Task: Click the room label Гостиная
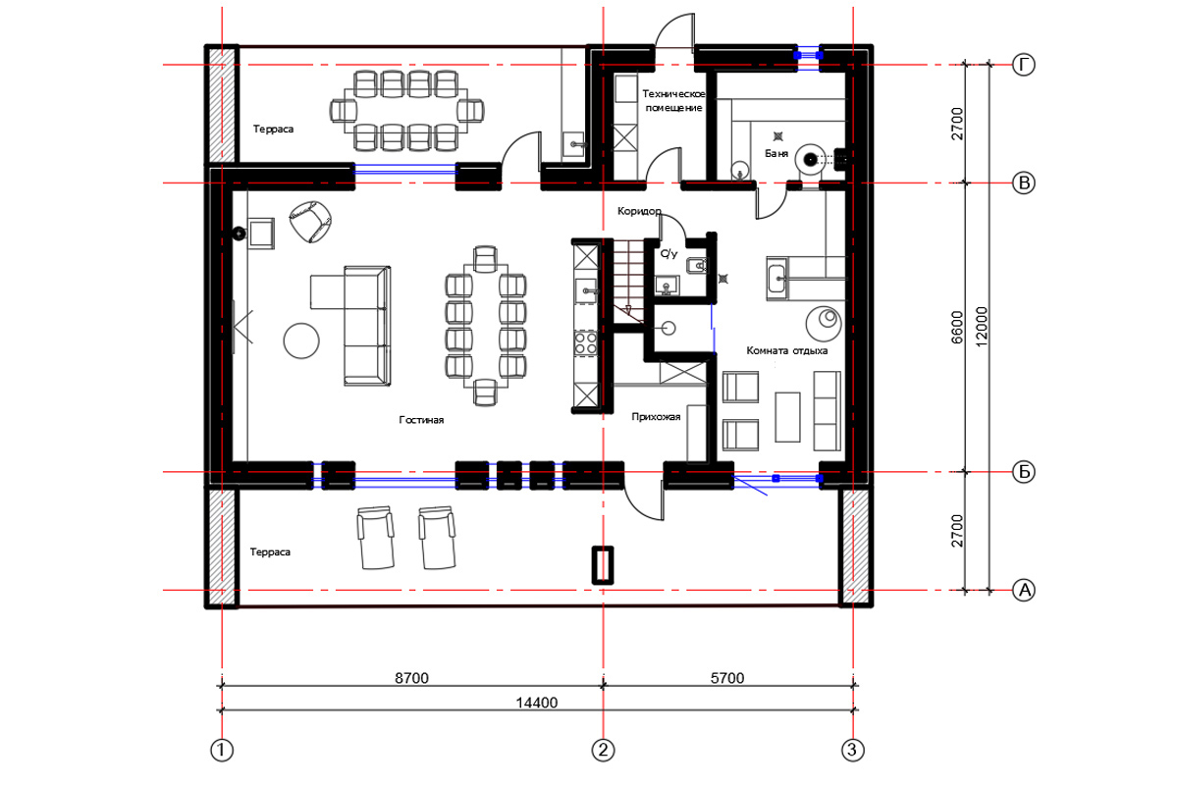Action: [x=421, y=420]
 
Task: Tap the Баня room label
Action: [x=776, y=153]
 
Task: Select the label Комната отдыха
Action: [x=786, y=350]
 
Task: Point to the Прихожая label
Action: [x=656, y=417]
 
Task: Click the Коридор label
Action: [x=639, y=211]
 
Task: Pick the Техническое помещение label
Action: [x=673, y=100]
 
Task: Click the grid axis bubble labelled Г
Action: [x=1023, y=65]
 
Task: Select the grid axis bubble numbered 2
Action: [x=603, y=750]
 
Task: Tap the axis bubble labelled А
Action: [x=1024, y=590]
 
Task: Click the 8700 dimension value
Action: [x=411, y=678]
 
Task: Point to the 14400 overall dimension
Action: [x=536, y=703]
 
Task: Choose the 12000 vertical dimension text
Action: [x=982, y=327]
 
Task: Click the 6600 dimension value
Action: [x=957, y=327]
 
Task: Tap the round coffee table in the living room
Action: [x=301, y=340]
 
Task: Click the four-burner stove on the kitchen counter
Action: [x=585, y=343]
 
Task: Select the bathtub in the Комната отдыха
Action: [x=777, y=279]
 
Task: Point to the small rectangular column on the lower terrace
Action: [x=603, y=565]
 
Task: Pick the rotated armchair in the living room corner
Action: [x=310, y=222]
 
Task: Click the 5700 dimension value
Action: [x=727, y=678]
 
